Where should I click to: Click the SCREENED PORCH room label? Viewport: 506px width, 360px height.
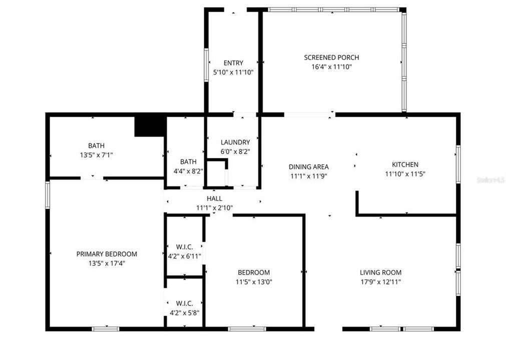tap(331, 57)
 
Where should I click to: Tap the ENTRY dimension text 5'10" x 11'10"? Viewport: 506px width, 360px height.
tap(233, 72)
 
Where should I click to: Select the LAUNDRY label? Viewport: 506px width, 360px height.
tap(235, 142)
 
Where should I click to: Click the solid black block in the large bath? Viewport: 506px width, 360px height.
tap(150, 126)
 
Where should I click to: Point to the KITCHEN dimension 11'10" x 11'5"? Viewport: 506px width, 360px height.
tap(405, 174)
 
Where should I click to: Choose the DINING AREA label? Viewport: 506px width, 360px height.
tap(308, 167)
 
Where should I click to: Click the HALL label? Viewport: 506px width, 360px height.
tap(214, 198)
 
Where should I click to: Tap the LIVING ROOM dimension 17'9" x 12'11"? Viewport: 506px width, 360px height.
tap(380, 282)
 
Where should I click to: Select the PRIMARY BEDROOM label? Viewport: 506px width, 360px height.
tap(107, 254)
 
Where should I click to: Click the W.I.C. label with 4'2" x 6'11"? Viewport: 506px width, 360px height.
tap(184, 247)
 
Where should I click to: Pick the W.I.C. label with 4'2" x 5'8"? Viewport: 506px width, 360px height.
tap(184, 303)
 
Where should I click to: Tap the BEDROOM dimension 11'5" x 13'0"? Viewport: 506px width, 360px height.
tap(254, 282)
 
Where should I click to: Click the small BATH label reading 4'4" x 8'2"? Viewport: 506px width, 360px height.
tap(188, 161)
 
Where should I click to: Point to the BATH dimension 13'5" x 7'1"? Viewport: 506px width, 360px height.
tap(96, 155)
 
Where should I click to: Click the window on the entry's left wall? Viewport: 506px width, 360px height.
tap(206, 64)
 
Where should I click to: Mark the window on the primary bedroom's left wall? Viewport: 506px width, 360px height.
tap(48, 195)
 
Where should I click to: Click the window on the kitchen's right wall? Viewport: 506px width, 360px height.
tap(458, 164)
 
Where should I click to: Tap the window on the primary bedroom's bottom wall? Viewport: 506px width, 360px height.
tap(106, 328)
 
